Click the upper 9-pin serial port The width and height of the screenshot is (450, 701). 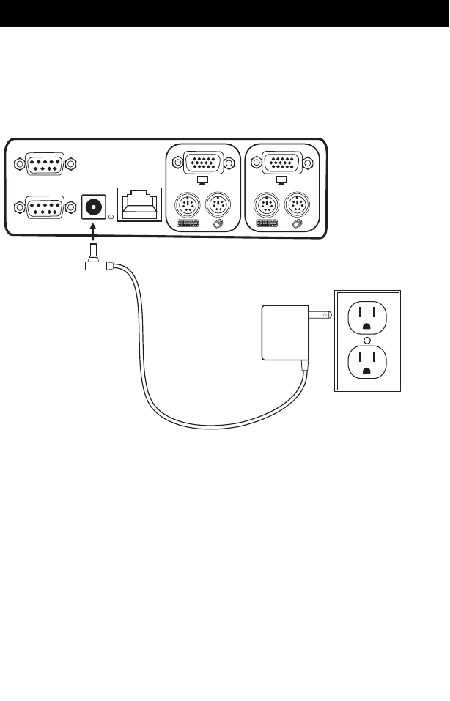tap(45, 164)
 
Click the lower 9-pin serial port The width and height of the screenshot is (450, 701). tap(45, 207)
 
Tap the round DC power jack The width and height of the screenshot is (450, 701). tap(93, 207)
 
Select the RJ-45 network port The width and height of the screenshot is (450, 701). tap(139, 205)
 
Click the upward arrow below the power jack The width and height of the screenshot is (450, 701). tap(93, 234)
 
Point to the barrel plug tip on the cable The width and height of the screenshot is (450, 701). tap(93, 253)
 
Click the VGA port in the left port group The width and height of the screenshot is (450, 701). tap(203, 162)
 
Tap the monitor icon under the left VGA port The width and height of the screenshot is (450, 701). tap(203, 179)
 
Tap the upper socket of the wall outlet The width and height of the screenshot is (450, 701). tap(366, 318)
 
